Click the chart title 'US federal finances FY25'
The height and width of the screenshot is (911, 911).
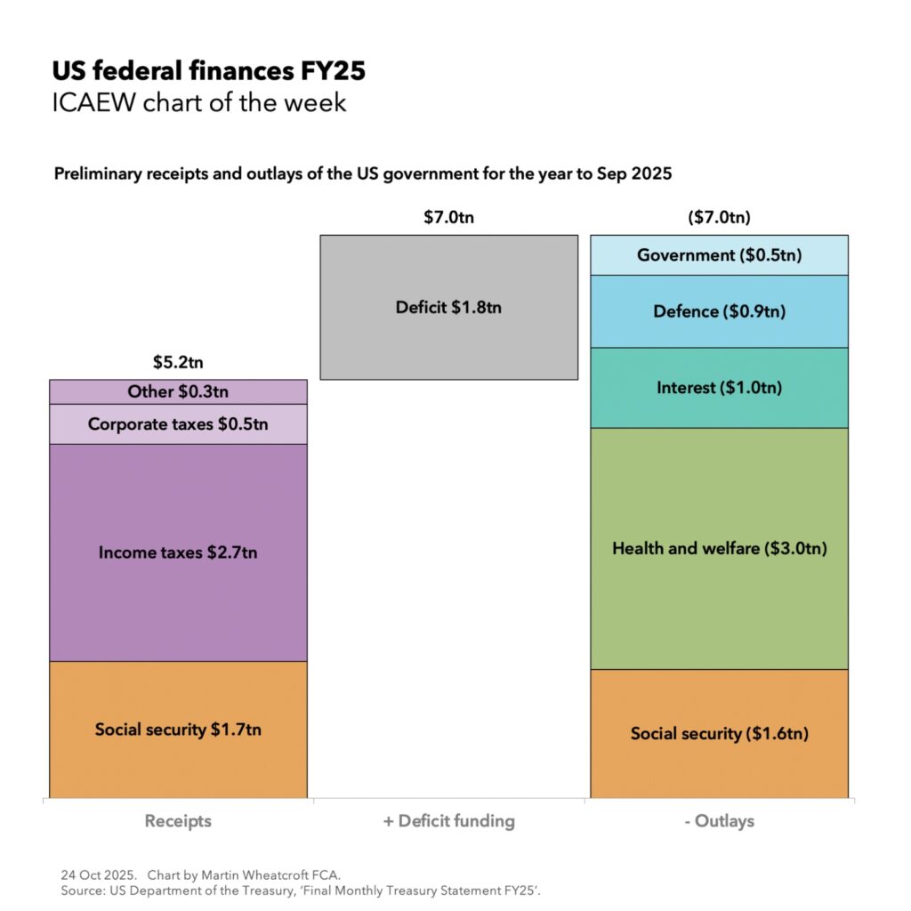click(x=208, y=71)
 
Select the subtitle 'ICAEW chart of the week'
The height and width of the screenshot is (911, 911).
click(x=198, y=103)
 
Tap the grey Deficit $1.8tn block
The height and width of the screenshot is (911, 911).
click(x=448, y=307)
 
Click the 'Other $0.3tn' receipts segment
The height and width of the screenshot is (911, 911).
click(x=178, y=391)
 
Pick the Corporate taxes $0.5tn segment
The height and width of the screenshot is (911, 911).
click(x=178, y=424)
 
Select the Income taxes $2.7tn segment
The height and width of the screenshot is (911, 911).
click(x=178, y=552)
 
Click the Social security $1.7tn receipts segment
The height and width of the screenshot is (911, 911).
click(x=178, y=730)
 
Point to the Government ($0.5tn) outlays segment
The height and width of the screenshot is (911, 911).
click(x=719, y=255)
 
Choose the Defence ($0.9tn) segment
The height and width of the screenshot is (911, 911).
click(x=719, y=311)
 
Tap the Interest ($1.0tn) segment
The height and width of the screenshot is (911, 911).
click(x=719, y=388)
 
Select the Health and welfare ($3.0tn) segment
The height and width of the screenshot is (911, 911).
click(x=719, y=548)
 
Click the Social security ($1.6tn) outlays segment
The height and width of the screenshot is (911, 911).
click(x=719, y=734)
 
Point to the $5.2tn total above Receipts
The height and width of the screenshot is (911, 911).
click(x=178, y=363)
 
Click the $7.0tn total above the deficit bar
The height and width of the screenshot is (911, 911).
click(x=448, y=217)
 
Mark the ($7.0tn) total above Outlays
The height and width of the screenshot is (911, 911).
click(x=719, y=217)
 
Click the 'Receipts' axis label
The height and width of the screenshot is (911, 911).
click(x=178, y=820)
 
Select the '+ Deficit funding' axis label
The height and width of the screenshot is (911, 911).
click(x=448, y=820)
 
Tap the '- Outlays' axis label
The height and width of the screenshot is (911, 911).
click(x=719, y=820)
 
